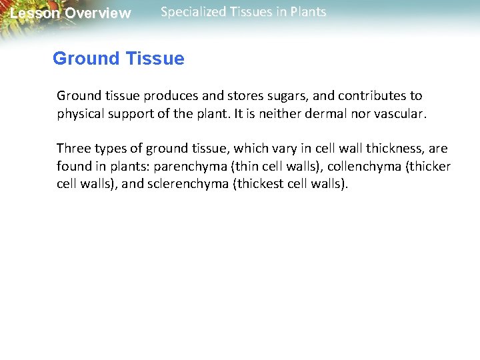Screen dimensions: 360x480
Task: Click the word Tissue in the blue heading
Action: tap(155, 59)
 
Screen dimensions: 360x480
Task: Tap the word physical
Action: tap(81, 114)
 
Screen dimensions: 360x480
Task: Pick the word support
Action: tap(131, 114)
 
